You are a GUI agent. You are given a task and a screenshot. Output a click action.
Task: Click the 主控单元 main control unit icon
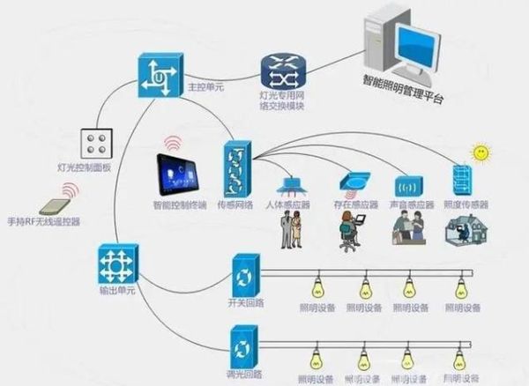click(x=159, y=75)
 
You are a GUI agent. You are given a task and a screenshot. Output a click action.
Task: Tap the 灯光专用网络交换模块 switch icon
click(x=281, y=69)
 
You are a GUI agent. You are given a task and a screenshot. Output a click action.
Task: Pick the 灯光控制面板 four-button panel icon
click(x=94, y=145)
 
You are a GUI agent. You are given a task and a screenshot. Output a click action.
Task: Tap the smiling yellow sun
click(x=481, y=153)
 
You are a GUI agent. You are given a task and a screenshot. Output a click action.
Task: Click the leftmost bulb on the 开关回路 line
click(x=316, y=287)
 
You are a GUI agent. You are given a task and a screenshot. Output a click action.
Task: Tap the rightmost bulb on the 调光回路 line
click(x=459, y=359)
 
